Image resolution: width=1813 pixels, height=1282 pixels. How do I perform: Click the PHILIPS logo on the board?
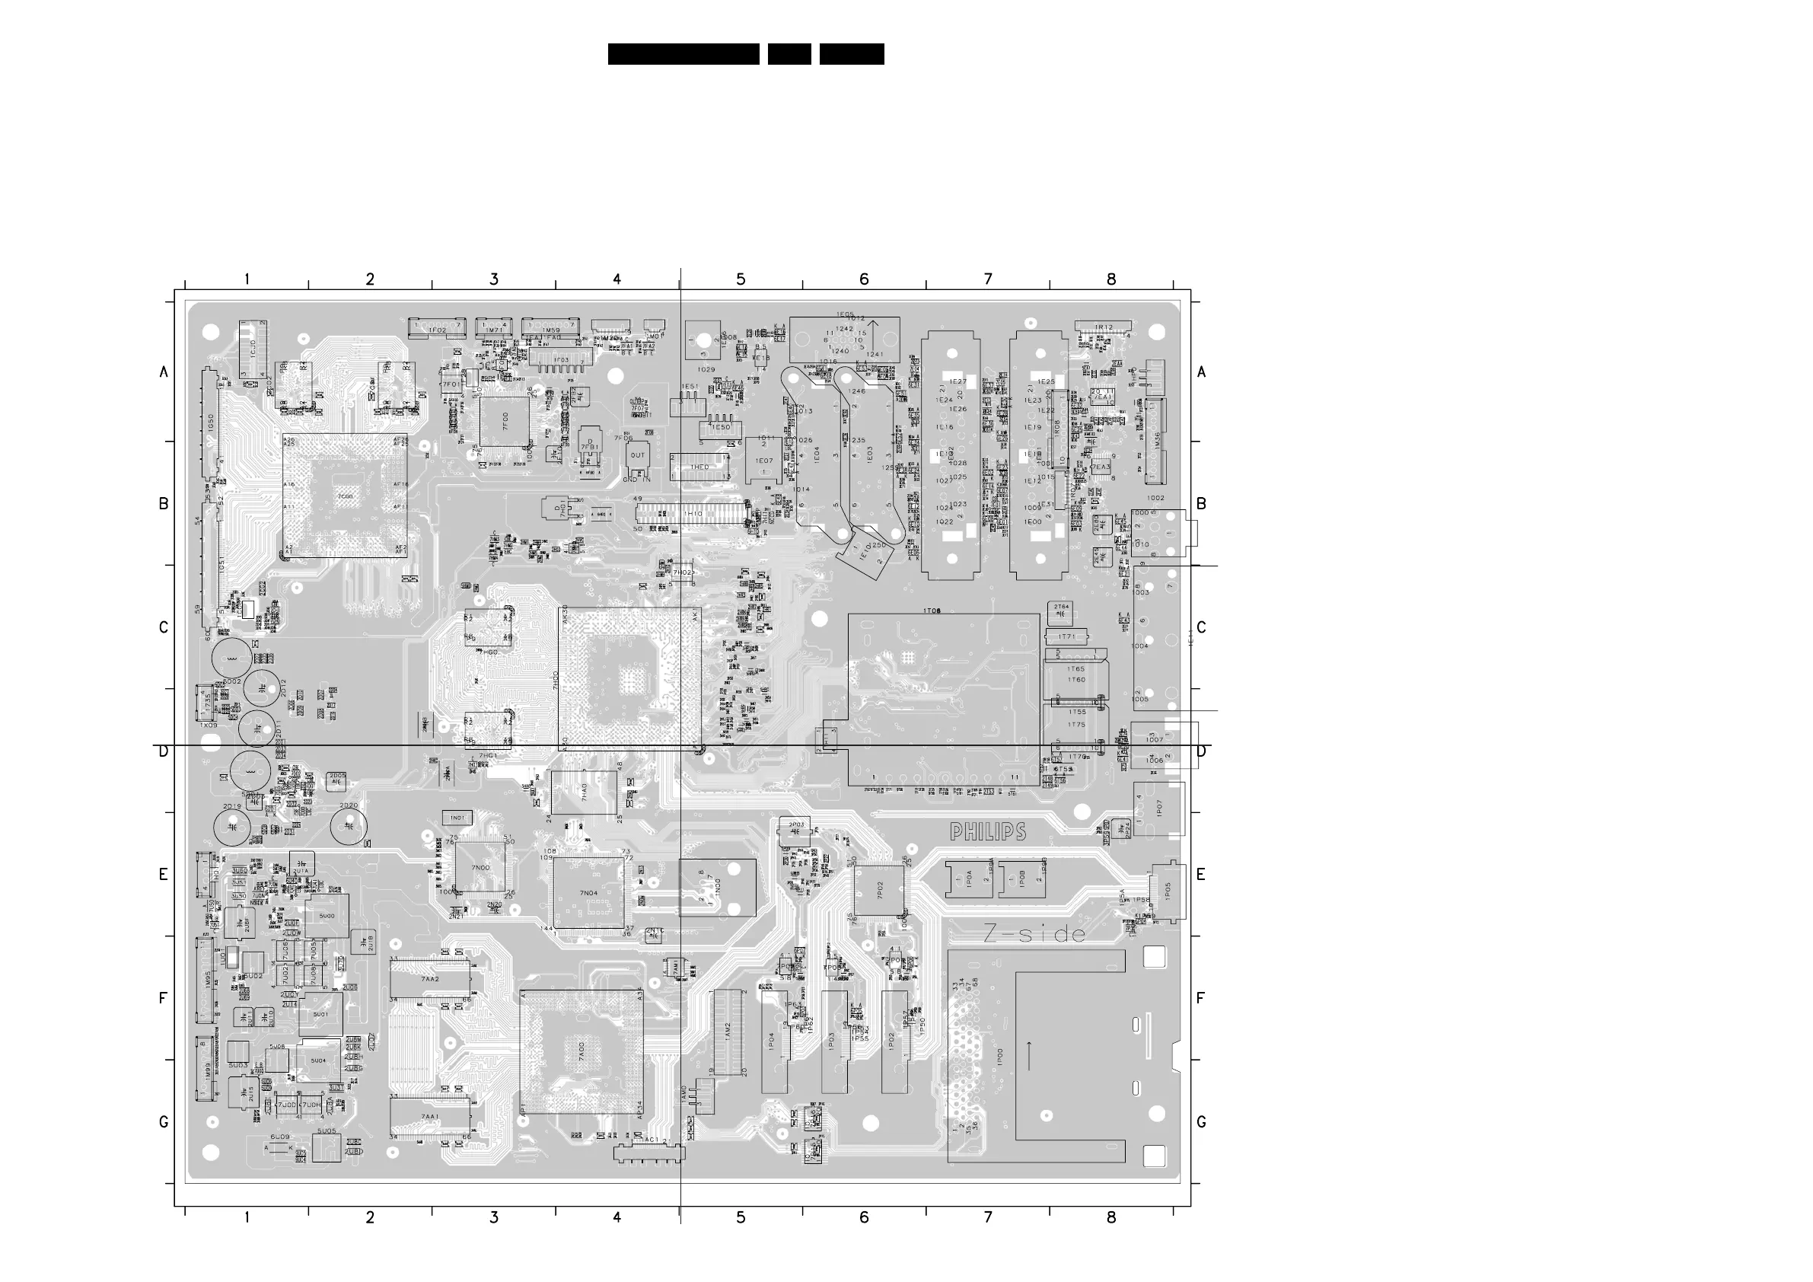point(988,831)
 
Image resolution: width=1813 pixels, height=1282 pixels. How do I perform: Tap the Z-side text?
point(1034,934)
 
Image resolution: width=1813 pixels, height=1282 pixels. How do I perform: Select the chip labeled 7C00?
point(345,496)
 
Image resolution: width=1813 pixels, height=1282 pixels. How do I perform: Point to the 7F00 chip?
point(504,421)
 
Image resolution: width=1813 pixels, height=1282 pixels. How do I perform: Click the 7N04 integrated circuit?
point(588,892)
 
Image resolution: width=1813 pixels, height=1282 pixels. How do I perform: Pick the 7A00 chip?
point(582,1051)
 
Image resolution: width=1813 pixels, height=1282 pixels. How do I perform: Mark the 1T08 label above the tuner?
point(932,611)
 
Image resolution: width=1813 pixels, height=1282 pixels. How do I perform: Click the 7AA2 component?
point(430,979)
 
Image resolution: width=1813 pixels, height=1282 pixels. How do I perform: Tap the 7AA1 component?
point(430,1116)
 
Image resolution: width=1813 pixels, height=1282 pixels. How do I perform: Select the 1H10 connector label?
point(693,514)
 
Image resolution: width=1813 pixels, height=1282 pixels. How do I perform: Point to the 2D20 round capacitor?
point(349,826)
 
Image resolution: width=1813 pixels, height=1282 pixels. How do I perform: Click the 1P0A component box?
point(969,879)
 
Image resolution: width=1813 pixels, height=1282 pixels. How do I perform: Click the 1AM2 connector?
point(729,1030)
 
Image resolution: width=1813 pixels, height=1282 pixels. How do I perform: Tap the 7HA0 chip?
point(585,792)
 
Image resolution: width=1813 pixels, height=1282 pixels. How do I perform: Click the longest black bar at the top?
point(683,54)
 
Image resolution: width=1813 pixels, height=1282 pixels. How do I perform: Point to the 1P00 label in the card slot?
point(1000,1057)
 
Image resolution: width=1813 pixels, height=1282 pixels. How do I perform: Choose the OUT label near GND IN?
point(638,455)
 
